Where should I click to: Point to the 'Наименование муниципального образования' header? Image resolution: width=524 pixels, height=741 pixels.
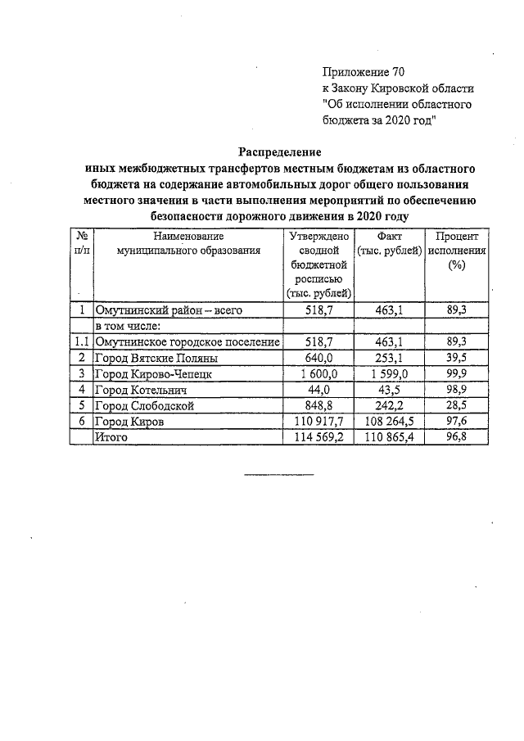[x=188, y=243]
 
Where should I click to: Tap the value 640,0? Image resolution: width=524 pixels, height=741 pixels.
[x=318, y=358]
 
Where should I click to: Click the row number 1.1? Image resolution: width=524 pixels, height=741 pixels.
[x=81, y=341]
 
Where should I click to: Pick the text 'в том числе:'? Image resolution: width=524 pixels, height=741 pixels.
[x=126, y=326]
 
